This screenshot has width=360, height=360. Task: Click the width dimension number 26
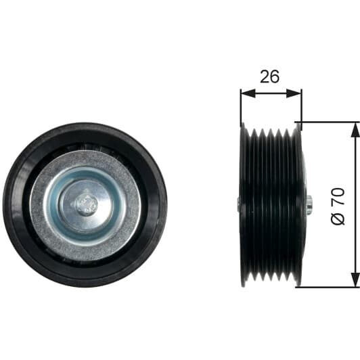point(270,76)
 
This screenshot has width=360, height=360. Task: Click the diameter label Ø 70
point(338,206)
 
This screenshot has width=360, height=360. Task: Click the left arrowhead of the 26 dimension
point(248,93)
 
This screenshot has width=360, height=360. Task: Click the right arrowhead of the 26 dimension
point(294,93)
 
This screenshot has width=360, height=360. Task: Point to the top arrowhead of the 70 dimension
point(355,130)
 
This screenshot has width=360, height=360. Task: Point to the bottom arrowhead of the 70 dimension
point(355,279)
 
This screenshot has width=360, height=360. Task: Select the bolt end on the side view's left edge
point(239,204)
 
